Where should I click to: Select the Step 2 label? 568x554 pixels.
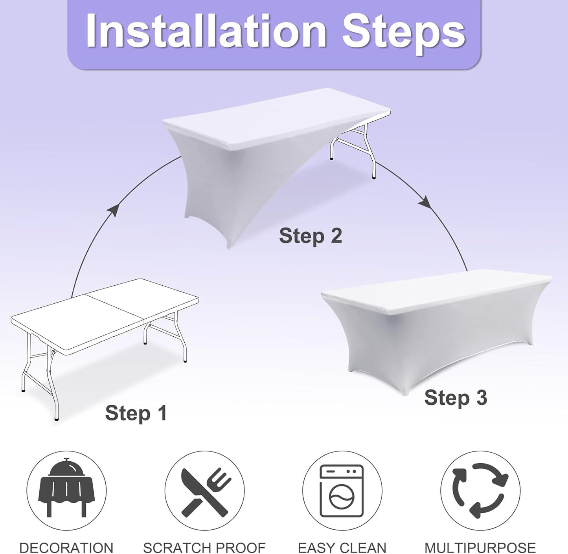tap(310, 236)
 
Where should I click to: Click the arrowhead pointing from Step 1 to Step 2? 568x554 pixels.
tap(114, 209)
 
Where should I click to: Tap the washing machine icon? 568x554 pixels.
tap(342, 491)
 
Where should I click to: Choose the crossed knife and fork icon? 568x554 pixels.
tap(205, 493)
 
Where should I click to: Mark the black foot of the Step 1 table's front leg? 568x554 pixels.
tap(56, 419)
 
